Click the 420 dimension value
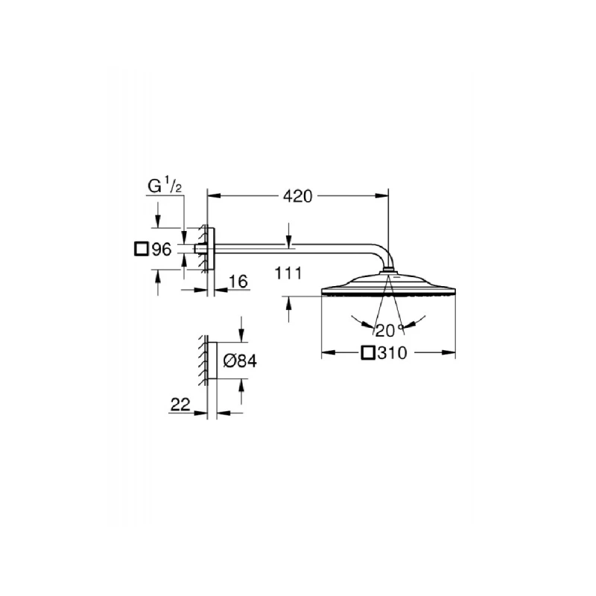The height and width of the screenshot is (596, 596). pos(297,196)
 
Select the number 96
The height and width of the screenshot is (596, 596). pos(162,250)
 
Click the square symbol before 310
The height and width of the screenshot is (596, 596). pos(367,354)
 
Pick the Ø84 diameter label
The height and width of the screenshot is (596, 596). pos(240,361)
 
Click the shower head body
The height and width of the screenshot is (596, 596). pos(387,289)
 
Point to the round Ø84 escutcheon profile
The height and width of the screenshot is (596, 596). pos(212,361)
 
